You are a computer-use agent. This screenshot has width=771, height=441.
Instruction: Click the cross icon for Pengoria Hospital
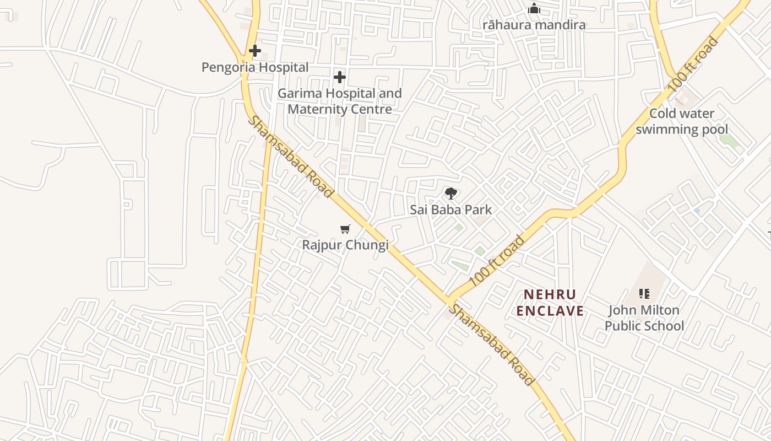pyautogui.click(x=254, y=51)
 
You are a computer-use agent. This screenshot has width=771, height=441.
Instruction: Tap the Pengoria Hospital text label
pyautogui.click(x=254, y=67)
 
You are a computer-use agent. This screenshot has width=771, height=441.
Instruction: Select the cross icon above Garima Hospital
pyautogui.click(x=340, y=77)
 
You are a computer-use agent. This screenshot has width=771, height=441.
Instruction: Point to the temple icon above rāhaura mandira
pyautogui.click(x=534, y=9)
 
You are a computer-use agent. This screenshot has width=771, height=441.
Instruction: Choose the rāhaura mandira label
pyautogui.click(x=534, y=25)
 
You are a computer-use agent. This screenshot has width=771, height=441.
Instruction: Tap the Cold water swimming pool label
pyautogui.click(x=682, y=121)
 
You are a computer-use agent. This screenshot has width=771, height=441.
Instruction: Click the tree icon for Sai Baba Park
pyautogui.click(x=451, y=193)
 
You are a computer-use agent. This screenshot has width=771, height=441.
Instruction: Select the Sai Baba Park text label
pyautogui.click(x=451, y=210)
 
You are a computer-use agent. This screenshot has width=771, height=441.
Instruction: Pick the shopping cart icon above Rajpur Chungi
pyautogui.click(x=345, y=229)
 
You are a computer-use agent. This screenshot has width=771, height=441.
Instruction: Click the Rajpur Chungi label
pyautogui.click(x=345, y=245)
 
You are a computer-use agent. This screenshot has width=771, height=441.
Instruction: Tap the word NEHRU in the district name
pyautogui.click(x=550, y=295)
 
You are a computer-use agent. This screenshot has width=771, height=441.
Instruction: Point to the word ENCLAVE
pyautogui.click(x=550, y=311)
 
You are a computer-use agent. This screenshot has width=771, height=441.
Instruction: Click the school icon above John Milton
pyautogui.click(x=644, y=294)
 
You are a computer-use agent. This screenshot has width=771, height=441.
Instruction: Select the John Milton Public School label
pyautogui.click(x=644, y=318)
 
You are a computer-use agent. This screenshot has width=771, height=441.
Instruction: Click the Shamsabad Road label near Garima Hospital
pyautogui.click(x=290, y=157)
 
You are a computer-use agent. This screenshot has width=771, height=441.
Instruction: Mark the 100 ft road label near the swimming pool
pyautogui.click(x=693, y=64)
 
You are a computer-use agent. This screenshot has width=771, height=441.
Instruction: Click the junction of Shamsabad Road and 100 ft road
pyautogui.click(x=447, y=301)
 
